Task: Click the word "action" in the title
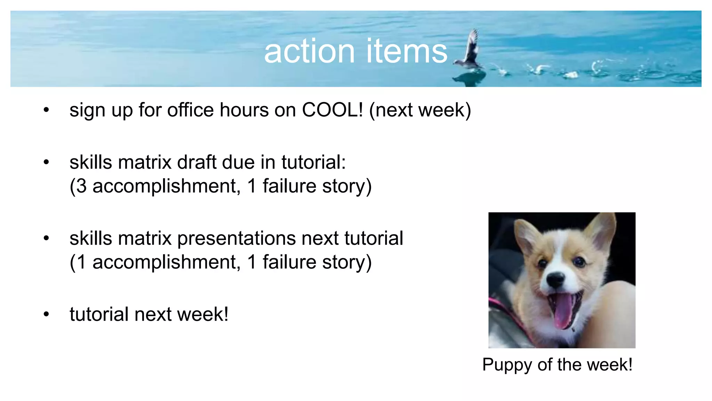coord(309,52)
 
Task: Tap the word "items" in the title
coord(406,52)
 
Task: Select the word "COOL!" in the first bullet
coord(332,110)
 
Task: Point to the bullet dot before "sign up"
coord(46,110)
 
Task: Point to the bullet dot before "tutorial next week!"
coord(46,314)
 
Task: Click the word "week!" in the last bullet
coord(202,314)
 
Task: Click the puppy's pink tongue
coord(563,312)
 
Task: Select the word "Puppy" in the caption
coord(507,365)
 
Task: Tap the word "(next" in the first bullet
coord(391,110)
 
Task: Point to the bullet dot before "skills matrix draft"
coord(46,163)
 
